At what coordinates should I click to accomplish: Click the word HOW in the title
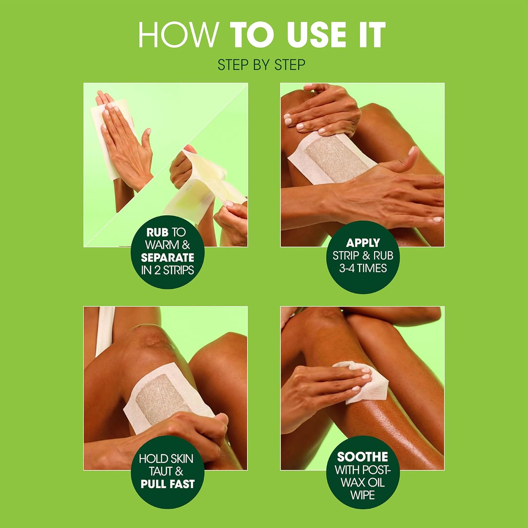178,34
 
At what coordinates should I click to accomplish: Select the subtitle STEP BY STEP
261,65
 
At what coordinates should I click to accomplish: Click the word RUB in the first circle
157,232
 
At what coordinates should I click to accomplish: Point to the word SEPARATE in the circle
168,257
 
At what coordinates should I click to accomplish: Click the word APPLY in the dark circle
363,243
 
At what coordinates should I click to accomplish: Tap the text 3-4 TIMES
363,268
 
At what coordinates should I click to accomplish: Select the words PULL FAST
168,484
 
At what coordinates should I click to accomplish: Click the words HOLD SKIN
166,459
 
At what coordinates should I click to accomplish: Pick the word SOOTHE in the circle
363,457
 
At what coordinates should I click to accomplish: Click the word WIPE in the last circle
363,495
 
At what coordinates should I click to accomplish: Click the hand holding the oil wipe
317,387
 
